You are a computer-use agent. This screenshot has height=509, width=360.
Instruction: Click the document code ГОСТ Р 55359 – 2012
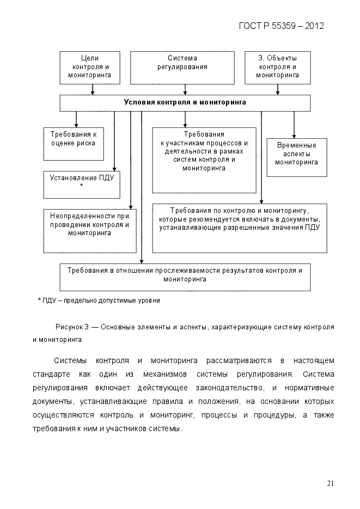pyautogui.click(x=282, y=26)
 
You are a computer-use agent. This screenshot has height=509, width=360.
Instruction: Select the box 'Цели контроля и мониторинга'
pyautogui.click(x=89, y=68)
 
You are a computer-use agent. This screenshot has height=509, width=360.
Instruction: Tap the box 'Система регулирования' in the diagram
pyautogui.click(x=182, y=68)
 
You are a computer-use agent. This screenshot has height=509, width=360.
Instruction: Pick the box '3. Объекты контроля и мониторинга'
pyautogui.click(x=277, y=68)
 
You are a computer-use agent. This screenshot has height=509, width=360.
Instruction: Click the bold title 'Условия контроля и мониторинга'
pyautogui.click(x=185, y=102)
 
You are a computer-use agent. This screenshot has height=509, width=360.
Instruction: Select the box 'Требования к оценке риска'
pyautogui.click(x=74, y=144)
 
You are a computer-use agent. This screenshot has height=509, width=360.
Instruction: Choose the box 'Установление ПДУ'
pyautogui.click(x=81, y=185)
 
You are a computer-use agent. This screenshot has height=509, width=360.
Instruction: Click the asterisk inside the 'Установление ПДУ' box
pyautogui.click(x=81, y=186)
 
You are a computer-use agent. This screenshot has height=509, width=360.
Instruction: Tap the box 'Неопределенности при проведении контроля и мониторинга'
pyautogui.click(x=89, y=231)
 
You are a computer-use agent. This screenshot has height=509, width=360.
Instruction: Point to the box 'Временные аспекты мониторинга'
pyautogui.click(x=296, y=157)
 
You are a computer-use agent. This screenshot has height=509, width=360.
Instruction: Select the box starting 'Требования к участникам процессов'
pyautogui.click(x=204, y=160)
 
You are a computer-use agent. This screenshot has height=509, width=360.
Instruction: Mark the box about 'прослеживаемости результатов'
pyautogui.click(x=185, y=277)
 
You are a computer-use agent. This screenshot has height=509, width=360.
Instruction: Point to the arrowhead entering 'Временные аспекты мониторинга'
pyautogui.click(x=294, y=136)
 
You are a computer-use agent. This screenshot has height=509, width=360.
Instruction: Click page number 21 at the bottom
pyautogui.click(x=330, y=483)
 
